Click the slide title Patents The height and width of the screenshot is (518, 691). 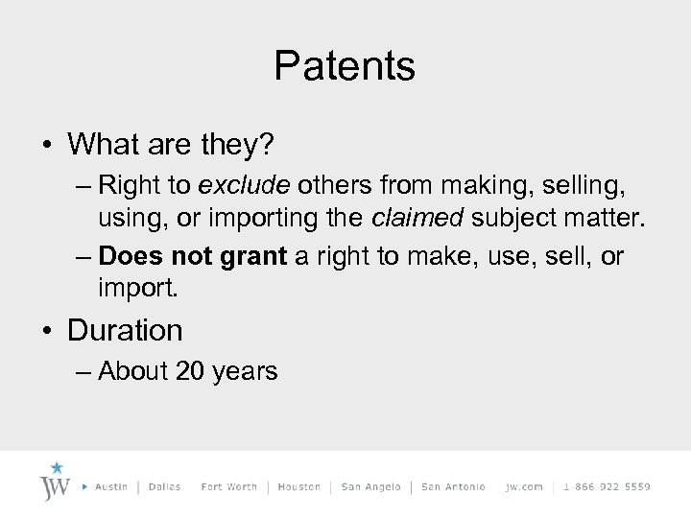345,66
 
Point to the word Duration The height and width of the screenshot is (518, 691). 125,330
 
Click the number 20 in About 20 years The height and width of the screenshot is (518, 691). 190,371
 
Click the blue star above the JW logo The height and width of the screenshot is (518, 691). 58,468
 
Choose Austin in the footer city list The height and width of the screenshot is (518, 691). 112,486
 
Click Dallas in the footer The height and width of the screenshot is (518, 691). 165,486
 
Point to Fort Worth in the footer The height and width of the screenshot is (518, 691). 228,486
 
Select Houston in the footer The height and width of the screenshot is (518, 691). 298,486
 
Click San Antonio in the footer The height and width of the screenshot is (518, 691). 453,486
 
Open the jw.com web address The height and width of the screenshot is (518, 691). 524,486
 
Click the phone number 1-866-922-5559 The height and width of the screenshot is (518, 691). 607,486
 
